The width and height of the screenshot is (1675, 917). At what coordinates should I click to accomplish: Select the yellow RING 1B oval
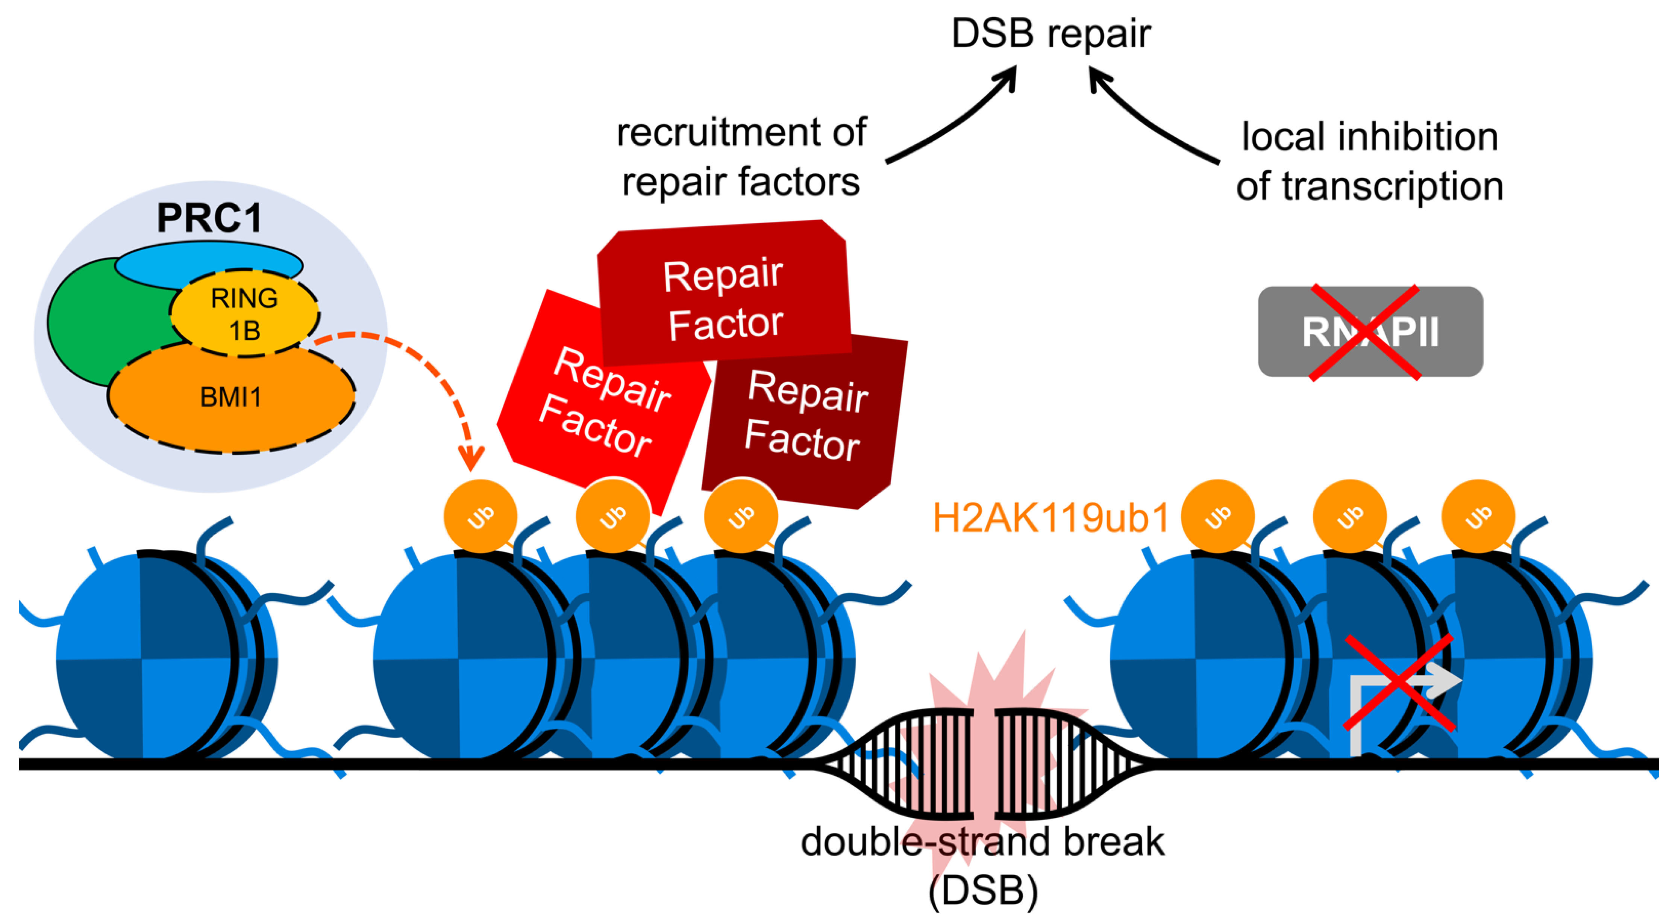tap(244, 314)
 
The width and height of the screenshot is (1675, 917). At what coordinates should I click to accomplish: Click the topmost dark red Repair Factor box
tap(723, 292)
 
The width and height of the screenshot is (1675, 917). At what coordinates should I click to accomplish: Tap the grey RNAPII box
tap(1370, 331)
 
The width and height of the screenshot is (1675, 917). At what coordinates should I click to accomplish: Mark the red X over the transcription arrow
tap(1398, 682)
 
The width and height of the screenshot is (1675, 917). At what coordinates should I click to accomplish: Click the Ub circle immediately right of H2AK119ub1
tap(1217, 517)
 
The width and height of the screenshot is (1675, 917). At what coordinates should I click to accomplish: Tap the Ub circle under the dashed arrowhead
tap(480, 517)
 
